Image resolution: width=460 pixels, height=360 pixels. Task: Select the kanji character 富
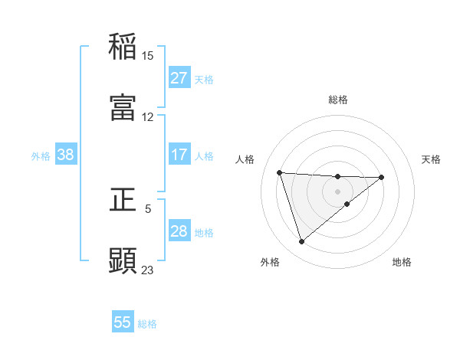coord(123,107)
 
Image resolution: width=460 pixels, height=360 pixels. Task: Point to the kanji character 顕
coord(123,260)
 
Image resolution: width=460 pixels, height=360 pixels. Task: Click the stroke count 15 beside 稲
coord(147,55)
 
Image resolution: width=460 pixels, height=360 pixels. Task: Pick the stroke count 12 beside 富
coord(147,116)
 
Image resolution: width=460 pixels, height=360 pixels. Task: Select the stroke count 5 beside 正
coord(148,208)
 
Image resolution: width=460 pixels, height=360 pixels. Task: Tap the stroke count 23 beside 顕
coord(147,270)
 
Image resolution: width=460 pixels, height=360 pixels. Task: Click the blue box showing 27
coord(179,78)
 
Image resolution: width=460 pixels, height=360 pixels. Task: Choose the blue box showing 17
coord(179,155)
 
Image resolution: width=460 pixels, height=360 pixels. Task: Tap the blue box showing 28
coord(179,231)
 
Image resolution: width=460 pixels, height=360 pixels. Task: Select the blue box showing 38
coord(66,155)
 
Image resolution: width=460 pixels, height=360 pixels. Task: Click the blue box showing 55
coord(123,322)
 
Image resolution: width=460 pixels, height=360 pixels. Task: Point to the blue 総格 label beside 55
coord(147,324)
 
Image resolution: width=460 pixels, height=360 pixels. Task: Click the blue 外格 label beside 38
coord(41,156)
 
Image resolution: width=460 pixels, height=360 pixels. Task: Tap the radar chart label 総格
coord(337,100)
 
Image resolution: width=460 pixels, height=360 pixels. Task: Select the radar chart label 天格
coord(432,159)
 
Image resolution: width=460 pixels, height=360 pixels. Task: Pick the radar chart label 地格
coord(402,262)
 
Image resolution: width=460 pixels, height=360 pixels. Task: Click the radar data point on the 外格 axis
coord(301,242)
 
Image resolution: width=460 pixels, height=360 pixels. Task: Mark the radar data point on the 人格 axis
coord(280,172)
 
